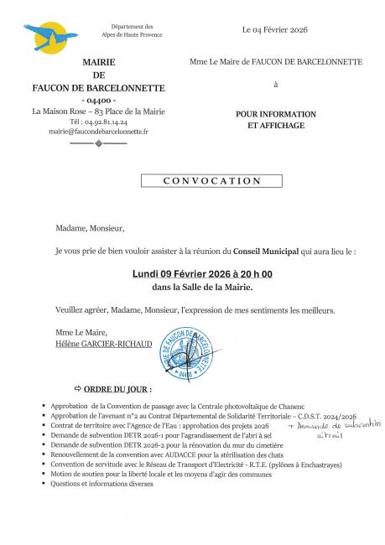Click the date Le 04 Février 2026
click(274, 29)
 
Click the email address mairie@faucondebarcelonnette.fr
click(98, 132)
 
